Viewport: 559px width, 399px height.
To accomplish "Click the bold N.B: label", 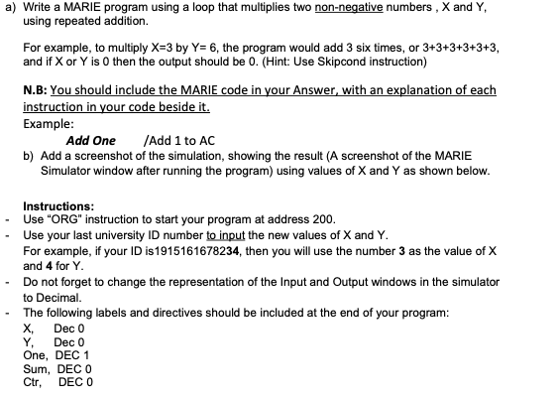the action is tap(37, 89).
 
